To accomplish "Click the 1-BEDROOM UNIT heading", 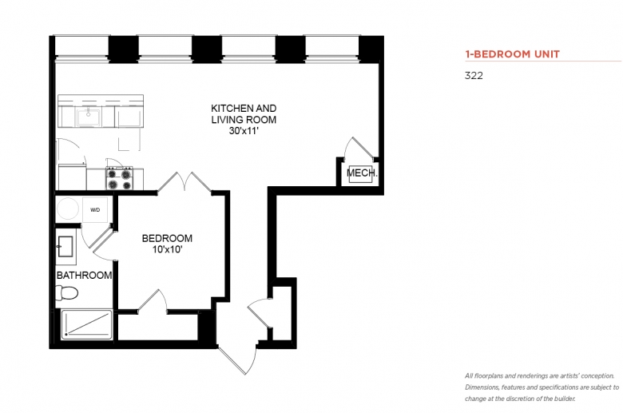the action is [x=512, y=54].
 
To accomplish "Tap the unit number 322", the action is [x=474, y=76].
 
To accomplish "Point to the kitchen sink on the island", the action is [x=89, y=117].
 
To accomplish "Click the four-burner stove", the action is [x=119, y=179].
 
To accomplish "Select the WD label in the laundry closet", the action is [x=95, y=210].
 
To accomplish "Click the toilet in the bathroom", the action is [x=66, y=293].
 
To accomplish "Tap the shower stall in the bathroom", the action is [x=87, y=324].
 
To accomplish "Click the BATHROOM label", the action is [x=84, y=275].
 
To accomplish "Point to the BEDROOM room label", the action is [x=167, y=238].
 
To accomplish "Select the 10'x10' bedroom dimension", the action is [x=167, y=249].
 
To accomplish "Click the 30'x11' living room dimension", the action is [x=244, y=130].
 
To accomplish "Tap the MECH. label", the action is [x=362, y=173].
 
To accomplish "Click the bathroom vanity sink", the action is [x=65, y=247].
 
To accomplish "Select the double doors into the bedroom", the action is [x=184, y=183].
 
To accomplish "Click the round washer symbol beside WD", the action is [x=68, y=208].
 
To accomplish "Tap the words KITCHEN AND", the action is [x=244, y=108].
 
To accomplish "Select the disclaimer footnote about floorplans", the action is [x=542, y=387].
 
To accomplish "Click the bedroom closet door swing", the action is [x=153, y=301].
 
